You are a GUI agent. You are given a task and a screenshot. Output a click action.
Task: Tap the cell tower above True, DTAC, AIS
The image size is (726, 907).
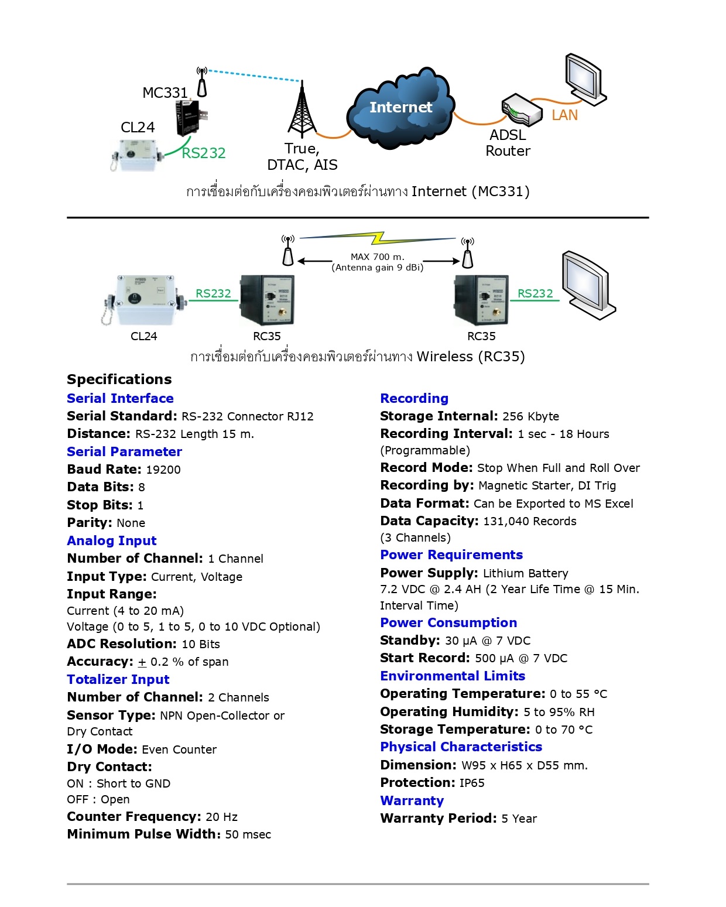[302, 111]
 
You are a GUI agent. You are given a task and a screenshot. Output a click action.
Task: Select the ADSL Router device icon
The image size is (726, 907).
[522, 109]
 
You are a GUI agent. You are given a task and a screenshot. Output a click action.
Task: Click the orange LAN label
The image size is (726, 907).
[564, 115]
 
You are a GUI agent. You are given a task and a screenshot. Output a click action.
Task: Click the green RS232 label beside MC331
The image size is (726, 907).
[204, 153]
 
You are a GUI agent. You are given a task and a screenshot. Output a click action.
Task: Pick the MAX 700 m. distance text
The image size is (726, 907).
[377, 256]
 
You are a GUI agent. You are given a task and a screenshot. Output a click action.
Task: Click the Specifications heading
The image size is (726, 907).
[119, 379]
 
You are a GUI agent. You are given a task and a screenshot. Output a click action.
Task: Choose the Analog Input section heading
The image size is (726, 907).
[112, 540]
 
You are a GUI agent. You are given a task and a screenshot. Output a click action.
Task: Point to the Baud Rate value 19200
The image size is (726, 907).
[163, 470]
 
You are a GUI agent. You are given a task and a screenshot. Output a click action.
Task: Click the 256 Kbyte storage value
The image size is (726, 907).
[530, 416]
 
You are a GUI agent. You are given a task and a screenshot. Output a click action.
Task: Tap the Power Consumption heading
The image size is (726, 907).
[448, 622]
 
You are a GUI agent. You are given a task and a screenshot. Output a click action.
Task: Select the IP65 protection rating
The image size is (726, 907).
[472, 783]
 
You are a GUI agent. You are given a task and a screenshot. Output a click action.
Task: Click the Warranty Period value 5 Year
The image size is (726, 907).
[519, 819]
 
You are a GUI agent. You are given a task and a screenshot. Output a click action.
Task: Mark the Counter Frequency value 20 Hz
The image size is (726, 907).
[221, 817]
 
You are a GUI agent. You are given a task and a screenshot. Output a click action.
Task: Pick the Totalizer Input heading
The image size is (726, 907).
[118, 679]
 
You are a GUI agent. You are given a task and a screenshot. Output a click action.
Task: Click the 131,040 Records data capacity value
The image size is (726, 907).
[529, 521]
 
